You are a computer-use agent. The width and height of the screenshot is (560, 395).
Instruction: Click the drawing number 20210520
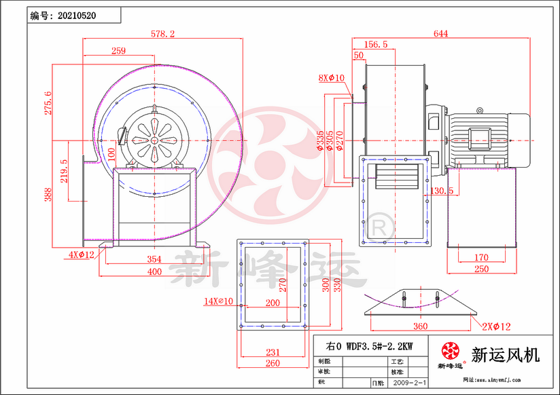click(77, 15)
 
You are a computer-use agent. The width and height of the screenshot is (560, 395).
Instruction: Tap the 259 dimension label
click(118, 51)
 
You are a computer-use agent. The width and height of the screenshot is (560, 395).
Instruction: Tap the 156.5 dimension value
click(376, 44)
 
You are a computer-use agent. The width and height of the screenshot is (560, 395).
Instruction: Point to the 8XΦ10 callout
click(332, 78)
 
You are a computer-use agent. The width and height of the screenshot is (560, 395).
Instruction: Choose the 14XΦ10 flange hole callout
click(218, 301)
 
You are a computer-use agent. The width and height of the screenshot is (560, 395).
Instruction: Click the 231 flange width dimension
click(272, 352)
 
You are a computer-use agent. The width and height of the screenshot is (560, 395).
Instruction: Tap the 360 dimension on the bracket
click(421, 326)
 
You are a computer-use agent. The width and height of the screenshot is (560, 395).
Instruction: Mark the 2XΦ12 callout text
click(494, 327)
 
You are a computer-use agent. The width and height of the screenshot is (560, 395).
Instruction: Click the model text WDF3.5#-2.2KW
click(370, 345)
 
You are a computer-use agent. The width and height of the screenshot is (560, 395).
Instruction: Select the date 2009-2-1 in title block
click(410, 383)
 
